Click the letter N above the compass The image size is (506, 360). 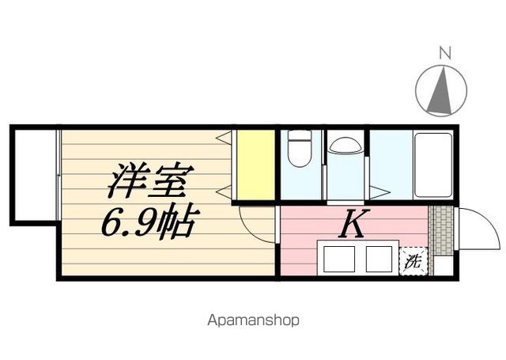click(445, 54)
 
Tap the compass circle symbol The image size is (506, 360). click(442, 90)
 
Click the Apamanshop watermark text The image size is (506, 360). click(253, 320)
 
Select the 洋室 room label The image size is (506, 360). click(148, 182)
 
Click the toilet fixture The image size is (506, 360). click(299, 148)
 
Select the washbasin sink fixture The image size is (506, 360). click(345, 145)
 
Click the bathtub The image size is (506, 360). click(432, 165)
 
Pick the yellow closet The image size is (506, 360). click(255, 165)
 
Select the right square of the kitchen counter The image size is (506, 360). click(379, 259)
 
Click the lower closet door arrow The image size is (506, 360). click(223, 191)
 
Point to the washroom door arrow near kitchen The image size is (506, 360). click(379, 191)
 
